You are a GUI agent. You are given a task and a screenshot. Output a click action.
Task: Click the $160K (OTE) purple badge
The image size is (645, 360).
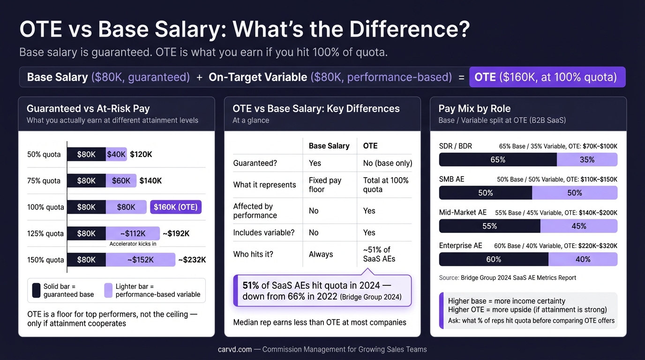click(x=176, y=207)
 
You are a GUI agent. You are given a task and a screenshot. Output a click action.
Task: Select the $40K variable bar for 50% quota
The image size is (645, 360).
click(x=116, y=154)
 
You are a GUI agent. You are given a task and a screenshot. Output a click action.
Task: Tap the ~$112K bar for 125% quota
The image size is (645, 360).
click(x=133, y=233)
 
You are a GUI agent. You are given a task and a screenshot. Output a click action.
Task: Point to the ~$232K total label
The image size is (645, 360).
click(x=192, y=260)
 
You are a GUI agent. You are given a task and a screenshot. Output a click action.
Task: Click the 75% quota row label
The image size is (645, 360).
click(x=44, y=181)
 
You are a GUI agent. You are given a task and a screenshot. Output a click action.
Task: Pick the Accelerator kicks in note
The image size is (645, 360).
click(x=133, y=244)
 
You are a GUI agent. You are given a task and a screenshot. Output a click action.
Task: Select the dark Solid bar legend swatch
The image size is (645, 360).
click(x=36, y=290)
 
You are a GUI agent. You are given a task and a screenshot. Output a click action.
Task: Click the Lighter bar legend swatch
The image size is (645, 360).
click(x=108, y=290)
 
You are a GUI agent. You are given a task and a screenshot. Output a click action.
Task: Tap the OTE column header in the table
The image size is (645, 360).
click(x=370, y=146)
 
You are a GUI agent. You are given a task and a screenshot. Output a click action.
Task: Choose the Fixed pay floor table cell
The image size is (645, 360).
click(x=325, y=185)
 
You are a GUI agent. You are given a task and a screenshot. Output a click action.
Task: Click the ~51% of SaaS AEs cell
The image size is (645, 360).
click(x=379, y=254)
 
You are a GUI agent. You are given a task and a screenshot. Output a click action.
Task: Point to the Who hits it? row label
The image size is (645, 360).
click(x=253, y=255)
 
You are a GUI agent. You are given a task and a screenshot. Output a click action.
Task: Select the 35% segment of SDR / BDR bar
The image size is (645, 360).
click(x=587, y=160)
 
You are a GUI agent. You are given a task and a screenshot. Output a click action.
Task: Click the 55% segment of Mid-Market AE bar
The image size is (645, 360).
click(x=489, y=226)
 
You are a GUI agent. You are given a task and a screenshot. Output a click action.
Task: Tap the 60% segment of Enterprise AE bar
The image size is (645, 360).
click(x=494, y=259)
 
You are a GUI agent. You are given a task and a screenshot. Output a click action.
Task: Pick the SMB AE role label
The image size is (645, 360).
click(x=451, y=179)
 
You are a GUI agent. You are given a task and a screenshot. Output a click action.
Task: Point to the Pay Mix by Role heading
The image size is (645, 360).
click(x=474, y=109)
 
